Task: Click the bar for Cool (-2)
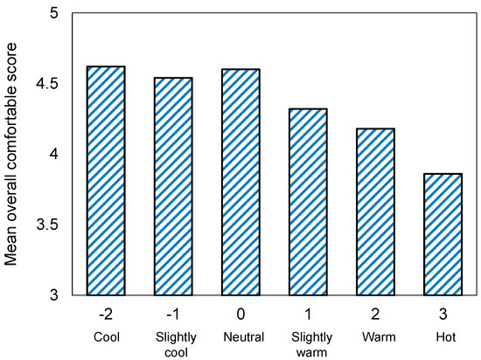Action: click(106, 181)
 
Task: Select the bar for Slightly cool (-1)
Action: click(173, 186)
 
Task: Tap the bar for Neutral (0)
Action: click(240, 182)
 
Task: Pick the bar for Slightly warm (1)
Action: click(308, 202)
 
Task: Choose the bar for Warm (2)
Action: click(375, 211)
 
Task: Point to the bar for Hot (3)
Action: click(443, 234)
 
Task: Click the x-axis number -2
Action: click(106, 314)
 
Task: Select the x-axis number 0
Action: click(240, 314)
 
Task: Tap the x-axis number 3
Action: click(443, 314)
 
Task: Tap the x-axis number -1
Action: click(173, 314)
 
